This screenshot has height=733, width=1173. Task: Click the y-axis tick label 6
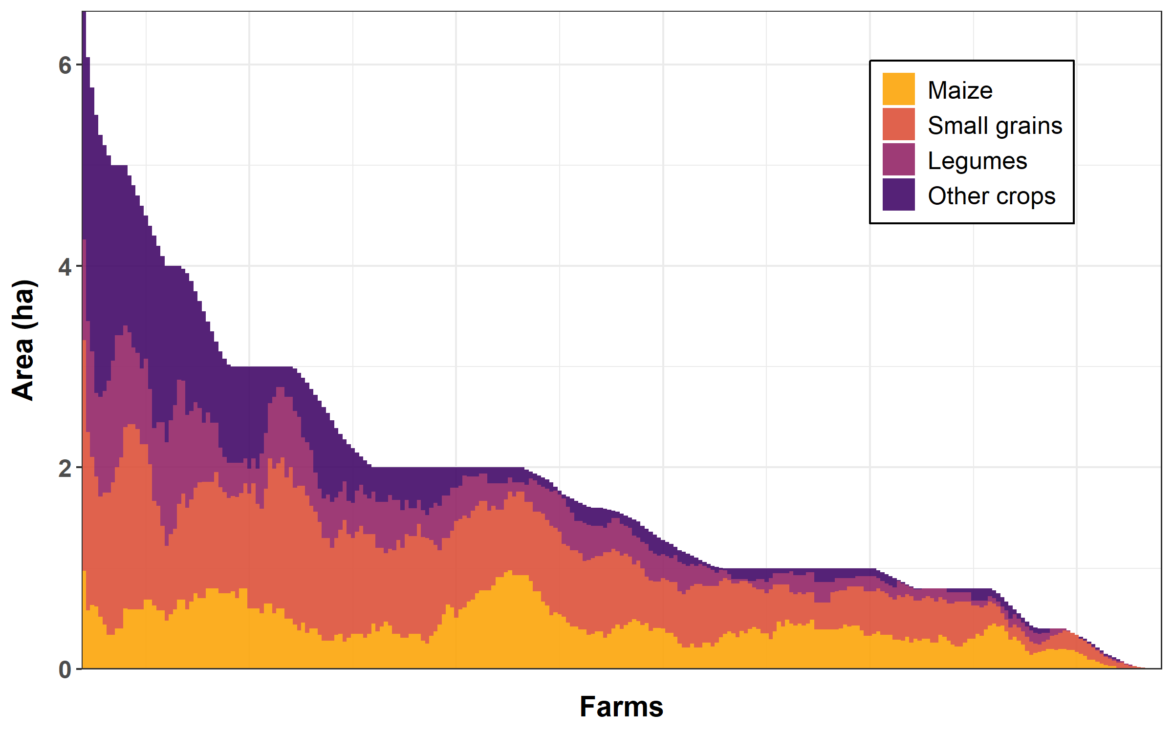click(65, 65)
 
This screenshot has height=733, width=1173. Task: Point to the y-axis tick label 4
click(65, 267)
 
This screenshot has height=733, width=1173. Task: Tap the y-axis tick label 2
click(65, 469)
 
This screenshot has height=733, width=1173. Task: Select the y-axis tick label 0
click(65, 670)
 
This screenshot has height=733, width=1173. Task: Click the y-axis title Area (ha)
click(23, 340)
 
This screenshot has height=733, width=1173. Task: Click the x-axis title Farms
click(621, 707)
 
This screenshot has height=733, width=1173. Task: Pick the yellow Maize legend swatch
click(898, 89)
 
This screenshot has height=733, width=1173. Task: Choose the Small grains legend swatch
click(898, 124)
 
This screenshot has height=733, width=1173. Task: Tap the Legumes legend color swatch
click(898, 159)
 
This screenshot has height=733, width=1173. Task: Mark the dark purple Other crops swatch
click(898, 194)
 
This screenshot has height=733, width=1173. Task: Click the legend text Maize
click(960, 90)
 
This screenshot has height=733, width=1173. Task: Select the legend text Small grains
click(995, 126)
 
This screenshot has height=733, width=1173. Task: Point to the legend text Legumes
click(977, 161)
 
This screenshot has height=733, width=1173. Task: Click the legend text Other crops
click(991, 196)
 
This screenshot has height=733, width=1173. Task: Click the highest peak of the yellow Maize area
click(510, 571)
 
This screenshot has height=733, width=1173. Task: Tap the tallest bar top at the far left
click(84, 13)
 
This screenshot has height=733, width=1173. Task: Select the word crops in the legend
click(1025, 196)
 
